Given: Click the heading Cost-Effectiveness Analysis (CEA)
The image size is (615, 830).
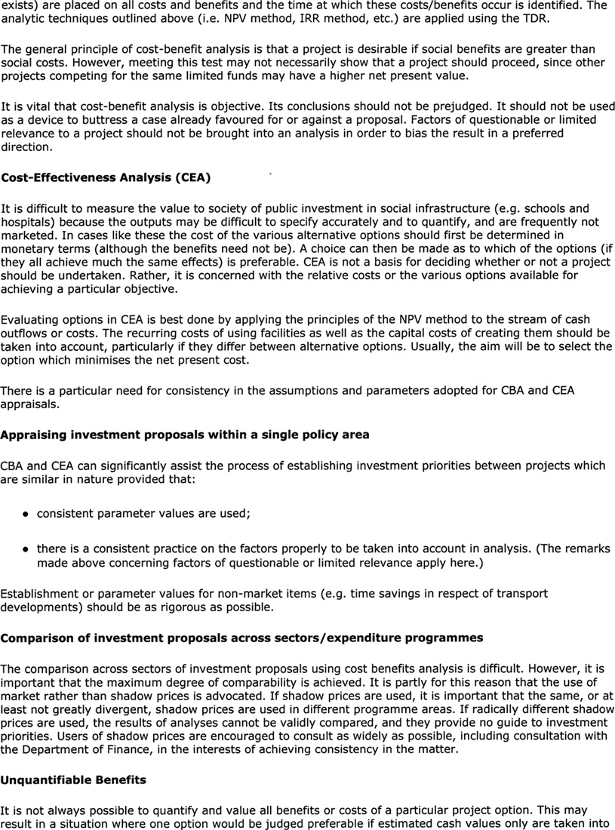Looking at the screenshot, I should (106, 177).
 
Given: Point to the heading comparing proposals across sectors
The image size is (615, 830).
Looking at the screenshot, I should (241, 638).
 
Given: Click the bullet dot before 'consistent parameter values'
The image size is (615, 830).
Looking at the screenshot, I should (26, 513).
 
